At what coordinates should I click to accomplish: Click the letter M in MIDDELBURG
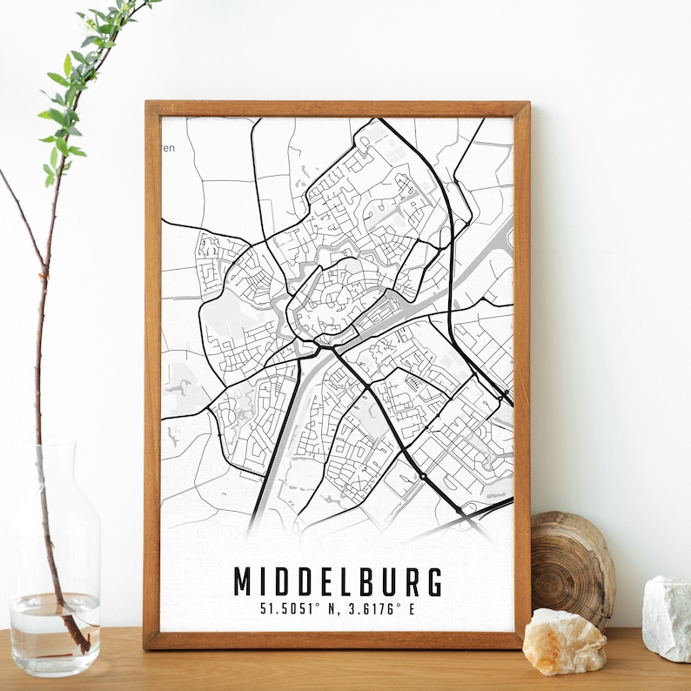tap(244, 582)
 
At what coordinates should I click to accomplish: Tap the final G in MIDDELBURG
tap(433, 582)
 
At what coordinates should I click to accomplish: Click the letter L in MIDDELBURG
tap(341, 582)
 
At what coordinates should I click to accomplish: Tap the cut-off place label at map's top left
tap(169, 148)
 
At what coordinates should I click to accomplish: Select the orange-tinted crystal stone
tap(564, 641)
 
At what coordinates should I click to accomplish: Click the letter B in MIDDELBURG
tap(363, 582)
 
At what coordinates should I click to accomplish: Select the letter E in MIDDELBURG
tap(321, 582)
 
